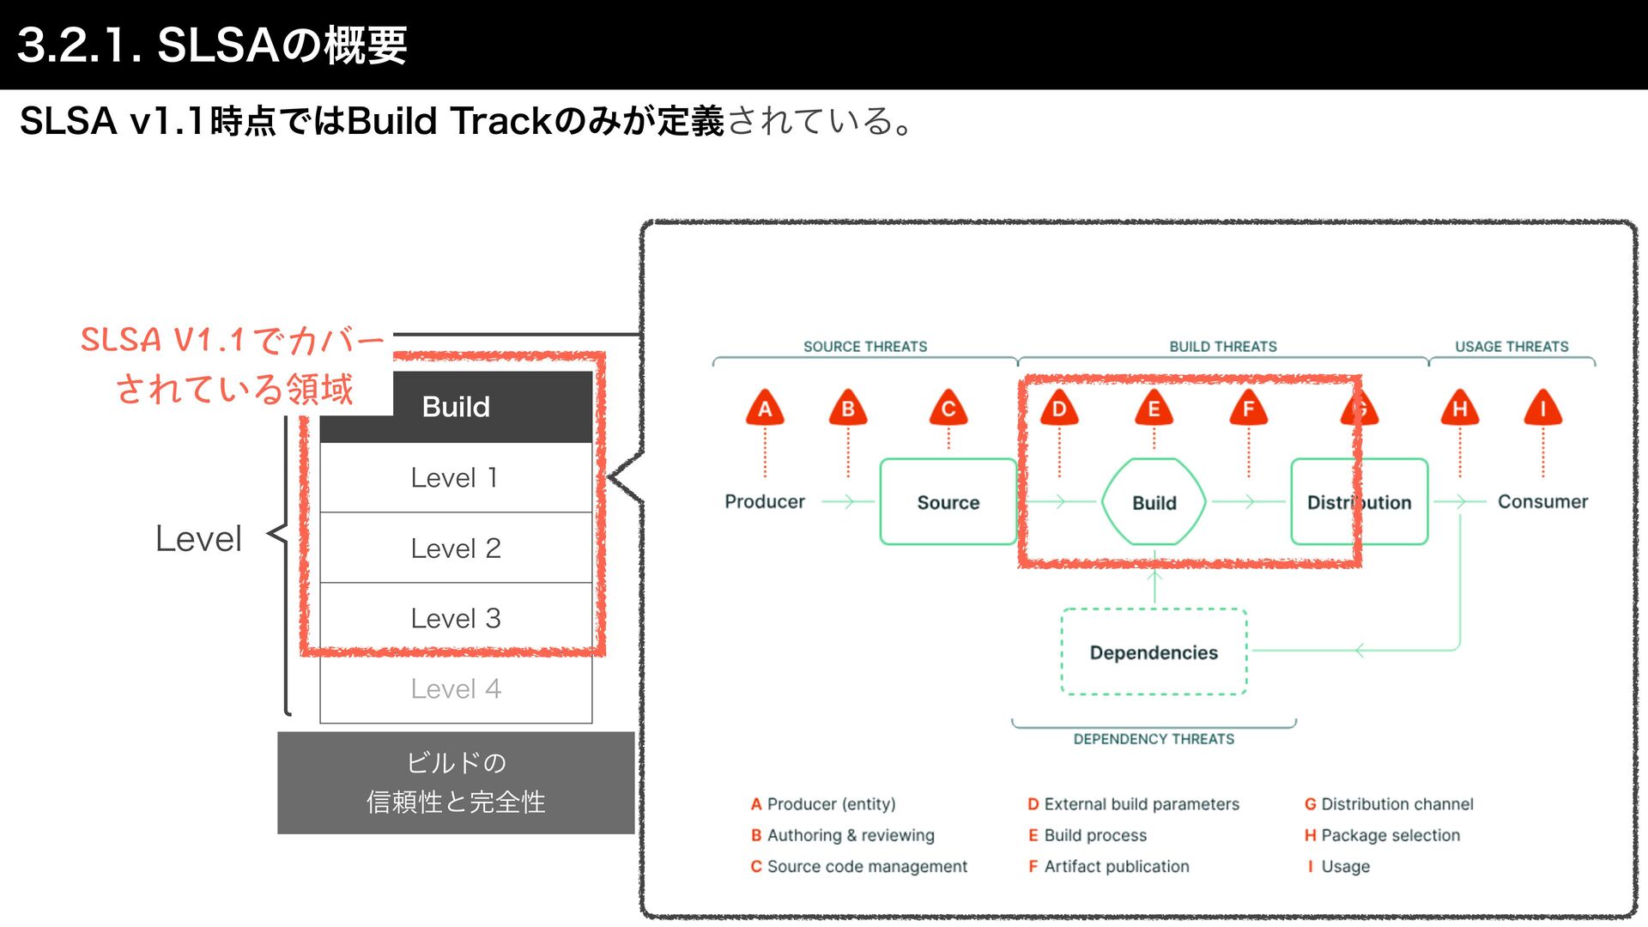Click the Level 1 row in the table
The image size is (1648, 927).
(455, 477)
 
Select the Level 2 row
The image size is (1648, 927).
(455, 548)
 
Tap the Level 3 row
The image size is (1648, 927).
(455, 618)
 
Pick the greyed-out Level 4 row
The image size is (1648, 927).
(455, 688)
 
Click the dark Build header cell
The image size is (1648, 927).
(455, 407)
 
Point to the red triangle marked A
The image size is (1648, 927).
(765, 409)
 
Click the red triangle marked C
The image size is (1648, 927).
(948, 409)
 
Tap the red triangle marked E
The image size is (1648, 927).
(1154, 409)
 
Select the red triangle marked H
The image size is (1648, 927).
(1459, 409)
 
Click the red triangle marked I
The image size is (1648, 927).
(1542, 409)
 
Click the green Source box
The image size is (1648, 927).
(948, 502)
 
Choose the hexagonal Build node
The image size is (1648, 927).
(1154, 502)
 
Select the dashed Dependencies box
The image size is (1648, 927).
(1154, 652)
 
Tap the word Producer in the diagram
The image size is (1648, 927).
(765, 501)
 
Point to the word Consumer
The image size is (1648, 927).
(1542, 501)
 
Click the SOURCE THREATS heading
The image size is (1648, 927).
(865, 347)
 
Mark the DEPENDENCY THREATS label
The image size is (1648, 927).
(1154, 739)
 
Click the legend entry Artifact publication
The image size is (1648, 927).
(1116, 866)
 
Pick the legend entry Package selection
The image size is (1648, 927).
(1390, 835)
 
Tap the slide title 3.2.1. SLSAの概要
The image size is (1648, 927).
(212, 45)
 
